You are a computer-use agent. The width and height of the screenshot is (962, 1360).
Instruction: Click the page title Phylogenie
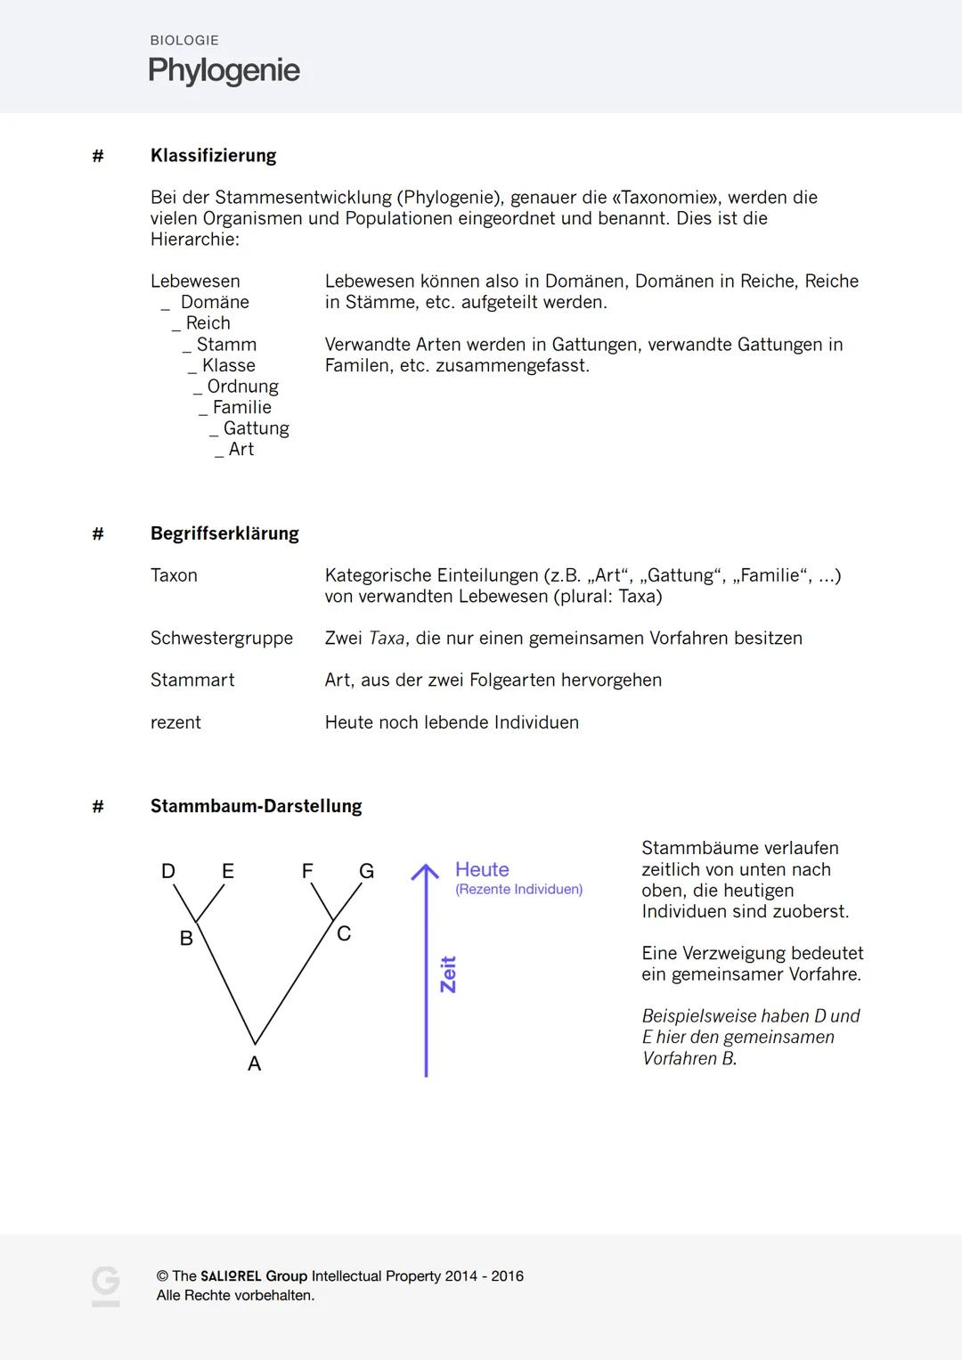[x=224, y=70]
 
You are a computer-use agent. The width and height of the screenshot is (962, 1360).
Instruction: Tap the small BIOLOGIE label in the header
[x=184, y=40]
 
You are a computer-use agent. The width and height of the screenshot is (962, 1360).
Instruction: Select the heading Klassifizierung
[x=213, y=156]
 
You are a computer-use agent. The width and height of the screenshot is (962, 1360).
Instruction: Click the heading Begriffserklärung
[x=224, y=533]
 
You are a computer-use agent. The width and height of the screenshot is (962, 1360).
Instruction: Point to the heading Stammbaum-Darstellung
[x=256, y=806]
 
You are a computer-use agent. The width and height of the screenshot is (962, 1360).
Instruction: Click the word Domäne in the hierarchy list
[x=215, y=302]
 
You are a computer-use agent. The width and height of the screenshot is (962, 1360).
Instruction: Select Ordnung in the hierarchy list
[x=242, y=387]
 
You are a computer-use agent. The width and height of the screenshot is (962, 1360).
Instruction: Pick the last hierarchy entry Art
[x=240, y=450]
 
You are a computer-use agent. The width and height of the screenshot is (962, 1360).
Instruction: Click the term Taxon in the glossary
[x=174, y=575]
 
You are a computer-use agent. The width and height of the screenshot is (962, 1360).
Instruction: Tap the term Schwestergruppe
[x=221, y=639]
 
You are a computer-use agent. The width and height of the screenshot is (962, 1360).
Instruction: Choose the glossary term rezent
[x=175, y=722]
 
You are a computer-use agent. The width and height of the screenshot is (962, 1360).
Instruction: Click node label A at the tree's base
[x=254, y=1063]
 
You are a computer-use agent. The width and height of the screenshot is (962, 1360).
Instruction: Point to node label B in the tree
[x=186, y=938]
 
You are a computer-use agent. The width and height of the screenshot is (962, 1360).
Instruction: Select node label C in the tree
[x=344, y=933]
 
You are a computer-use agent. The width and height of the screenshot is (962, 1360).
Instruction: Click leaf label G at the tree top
[x=366, y=871]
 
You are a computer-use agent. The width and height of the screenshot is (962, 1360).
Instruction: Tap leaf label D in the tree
[x=167, y=871]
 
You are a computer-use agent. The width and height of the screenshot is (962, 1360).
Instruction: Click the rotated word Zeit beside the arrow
[x=448, y=974]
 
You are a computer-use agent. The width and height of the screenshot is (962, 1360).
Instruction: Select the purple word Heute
[x=482, y=869]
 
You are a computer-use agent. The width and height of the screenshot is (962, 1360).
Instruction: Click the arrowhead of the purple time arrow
[x=426, y=871]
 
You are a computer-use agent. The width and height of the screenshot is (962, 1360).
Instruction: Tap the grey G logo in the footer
[x=105, y=1286]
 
